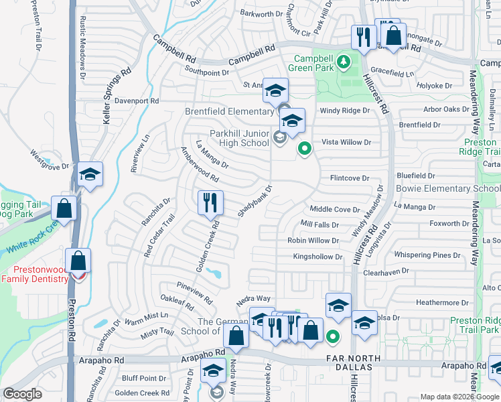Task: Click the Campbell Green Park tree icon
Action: (x=344, y=62)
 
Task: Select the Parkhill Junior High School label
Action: (x=239, y=137)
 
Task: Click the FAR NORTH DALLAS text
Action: (x=353, y=358)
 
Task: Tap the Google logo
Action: (x=23, y=394)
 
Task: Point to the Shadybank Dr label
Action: (x=255, y=200)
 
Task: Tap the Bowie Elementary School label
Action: (x=447, y=189)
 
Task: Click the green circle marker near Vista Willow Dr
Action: (x=305, y=149)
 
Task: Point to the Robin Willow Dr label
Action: (x=313, y=240)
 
